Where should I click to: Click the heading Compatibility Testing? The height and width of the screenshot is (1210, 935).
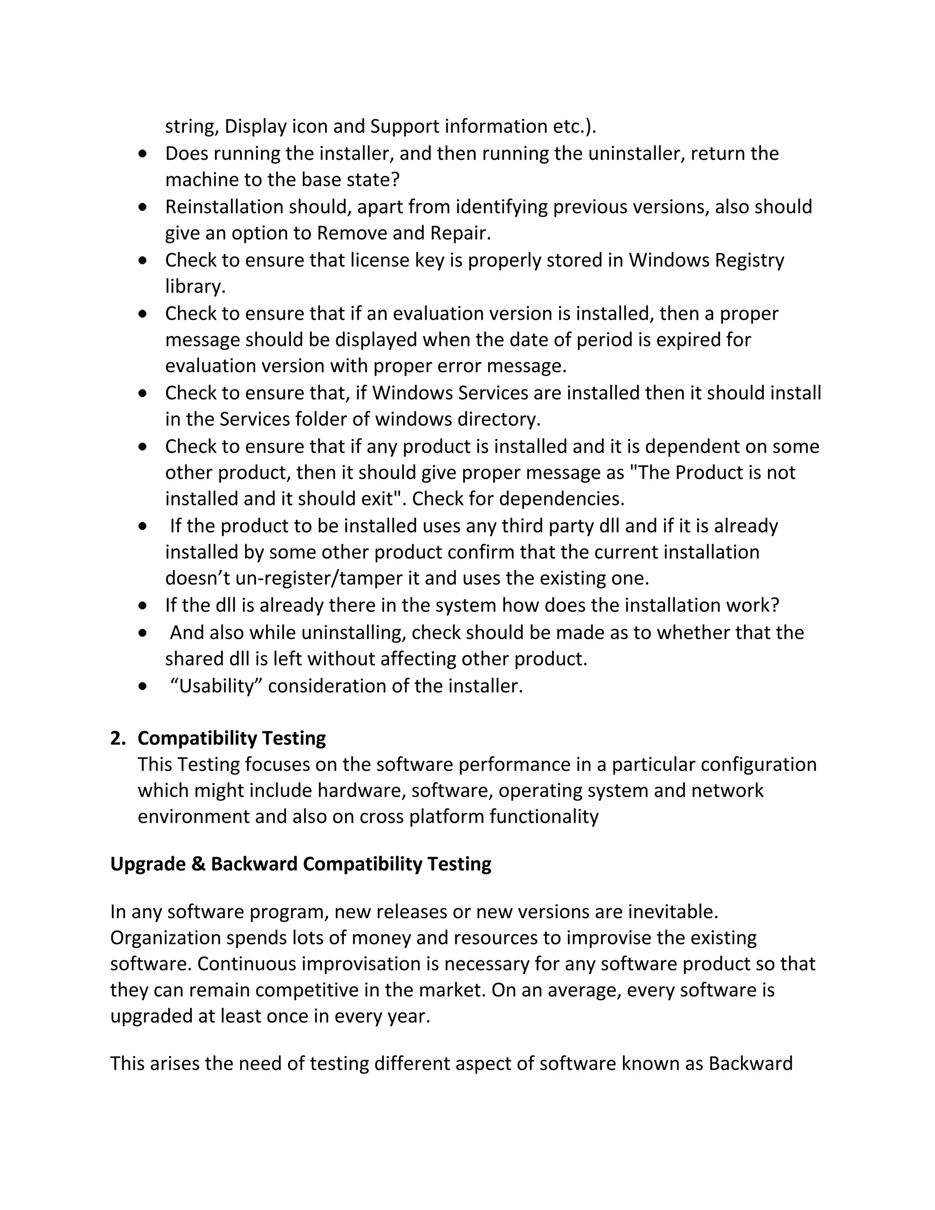pyautogui.click(x=231, y=738)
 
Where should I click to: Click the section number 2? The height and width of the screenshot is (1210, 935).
pyautogui.click(x=117, y=738)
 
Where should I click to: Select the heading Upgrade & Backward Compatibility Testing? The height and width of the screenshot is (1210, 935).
pyautogui.click(x=301, y=864)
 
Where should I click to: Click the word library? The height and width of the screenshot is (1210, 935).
pyautogui.click(x=194, y=286)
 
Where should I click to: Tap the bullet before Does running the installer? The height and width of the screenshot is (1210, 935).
pyautogui.click(x=143, y=153)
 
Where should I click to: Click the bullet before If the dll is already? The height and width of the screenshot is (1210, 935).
pyautogui.click(x=143, y=605)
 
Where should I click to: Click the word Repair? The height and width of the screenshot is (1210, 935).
pyautogui.click(x=460, y=233)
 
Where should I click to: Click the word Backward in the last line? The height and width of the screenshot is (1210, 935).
pyautogui.click(x=751, y=1063)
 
